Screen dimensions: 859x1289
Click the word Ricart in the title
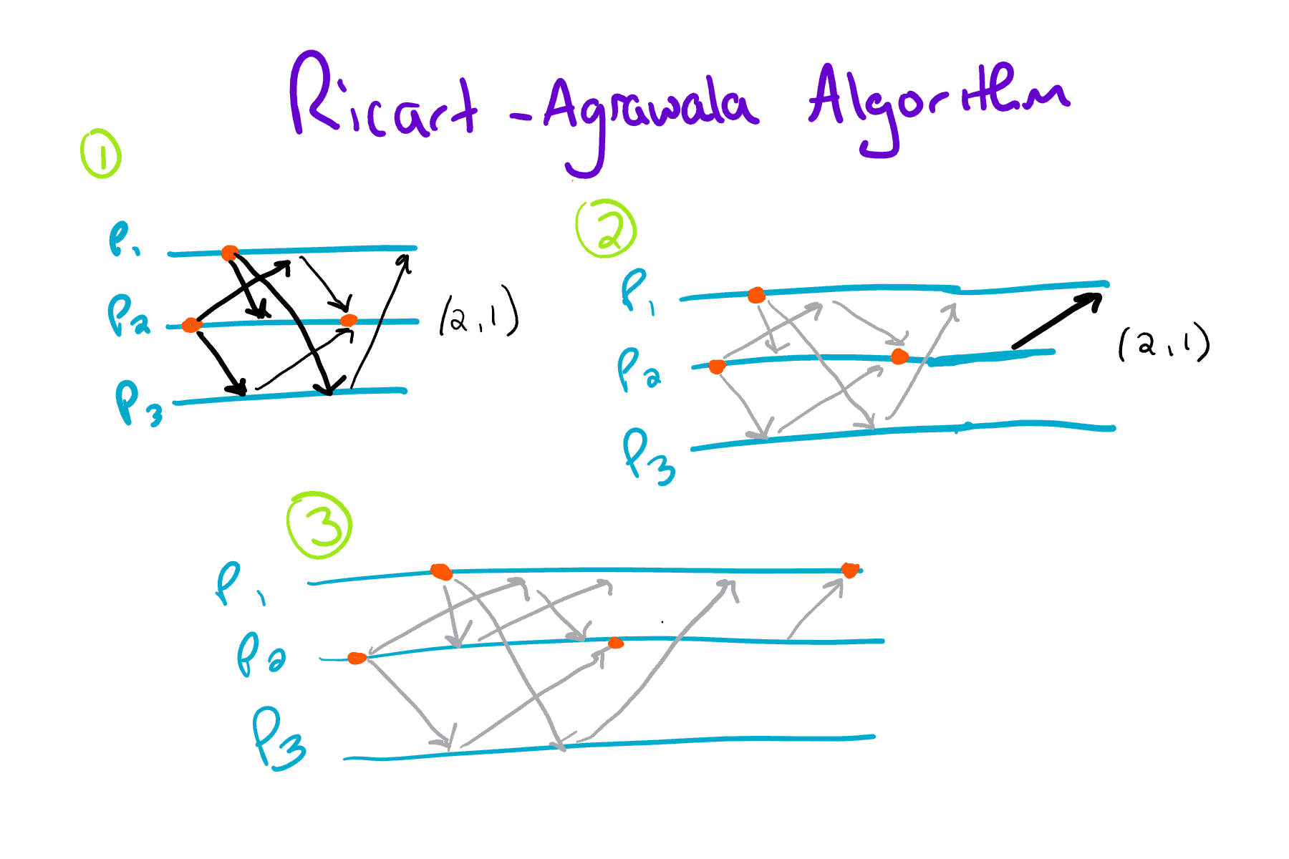point(383,100)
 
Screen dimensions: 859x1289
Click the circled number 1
point(101,153)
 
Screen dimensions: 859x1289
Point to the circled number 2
point(606,228)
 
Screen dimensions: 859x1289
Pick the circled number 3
point(319,525)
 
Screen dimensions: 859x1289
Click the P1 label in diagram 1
point(123,239)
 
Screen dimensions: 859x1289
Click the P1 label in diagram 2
point(637,292)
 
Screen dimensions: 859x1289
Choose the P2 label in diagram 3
point(259,654)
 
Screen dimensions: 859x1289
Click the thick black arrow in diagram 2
point(1056,321)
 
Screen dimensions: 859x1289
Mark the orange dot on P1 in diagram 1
point(229,253)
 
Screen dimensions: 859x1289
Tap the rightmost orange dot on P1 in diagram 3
point(850,571)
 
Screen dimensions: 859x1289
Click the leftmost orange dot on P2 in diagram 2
point(717,367)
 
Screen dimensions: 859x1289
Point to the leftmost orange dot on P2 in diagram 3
point(357,658)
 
